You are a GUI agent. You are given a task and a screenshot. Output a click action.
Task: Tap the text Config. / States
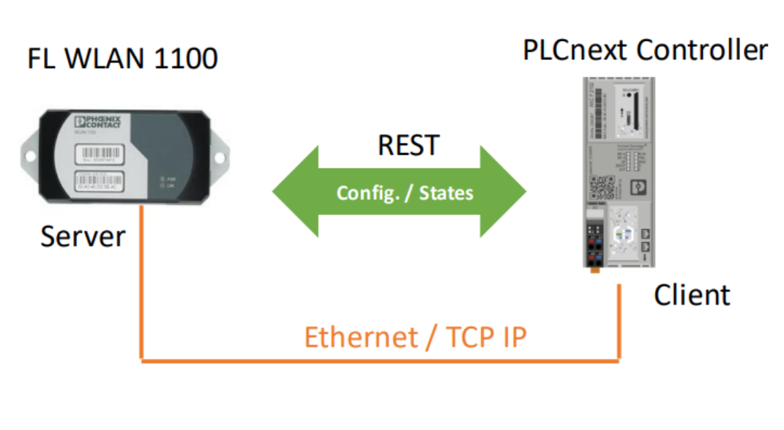tap(404, 193)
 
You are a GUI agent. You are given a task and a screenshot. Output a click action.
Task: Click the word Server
tap(82, 237)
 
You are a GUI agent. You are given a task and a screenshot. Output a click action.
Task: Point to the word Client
tap(691, 294)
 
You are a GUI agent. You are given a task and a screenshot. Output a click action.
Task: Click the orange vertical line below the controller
tap(619, 322)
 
